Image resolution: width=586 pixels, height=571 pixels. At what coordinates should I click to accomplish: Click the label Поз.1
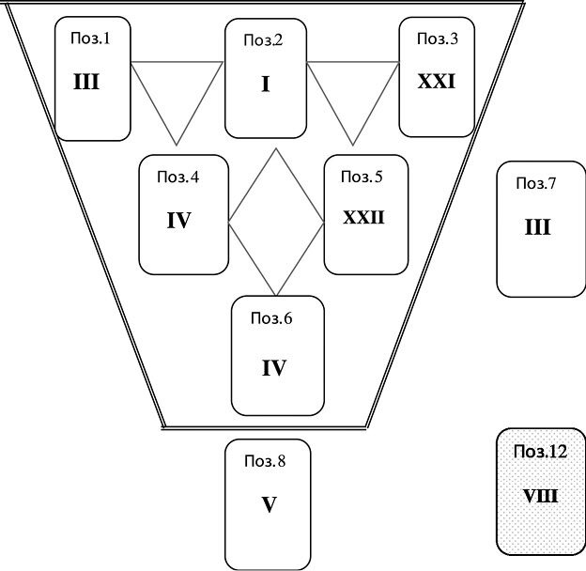(90, 39)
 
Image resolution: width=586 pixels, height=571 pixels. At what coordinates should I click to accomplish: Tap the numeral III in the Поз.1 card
(86, 83)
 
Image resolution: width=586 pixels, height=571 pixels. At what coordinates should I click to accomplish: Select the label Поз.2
(265, 40)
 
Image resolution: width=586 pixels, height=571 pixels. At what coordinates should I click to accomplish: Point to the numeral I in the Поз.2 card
(266, 85)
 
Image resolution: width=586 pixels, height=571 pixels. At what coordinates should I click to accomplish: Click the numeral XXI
(436, 82)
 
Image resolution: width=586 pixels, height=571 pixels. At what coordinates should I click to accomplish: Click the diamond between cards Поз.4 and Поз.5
(276, 222)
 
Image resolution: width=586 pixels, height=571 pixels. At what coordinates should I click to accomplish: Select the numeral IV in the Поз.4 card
(178, 222)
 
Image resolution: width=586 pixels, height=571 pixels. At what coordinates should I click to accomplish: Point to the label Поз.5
(362, 176)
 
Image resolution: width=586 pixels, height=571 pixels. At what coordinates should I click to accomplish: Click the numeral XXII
(363, 218)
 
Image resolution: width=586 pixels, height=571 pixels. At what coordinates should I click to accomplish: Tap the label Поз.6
(271, 317)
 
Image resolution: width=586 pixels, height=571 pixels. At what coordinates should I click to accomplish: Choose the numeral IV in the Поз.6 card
(273, 367)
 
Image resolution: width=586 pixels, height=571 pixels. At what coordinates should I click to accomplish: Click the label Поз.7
(536, 182)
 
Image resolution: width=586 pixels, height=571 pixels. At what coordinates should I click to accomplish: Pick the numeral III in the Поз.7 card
(537, 227)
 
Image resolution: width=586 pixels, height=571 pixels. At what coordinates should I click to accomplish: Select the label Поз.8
(265, 460)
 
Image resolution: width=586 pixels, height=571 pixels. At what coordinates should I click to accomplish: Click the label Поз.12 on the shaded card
(540, 452)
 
